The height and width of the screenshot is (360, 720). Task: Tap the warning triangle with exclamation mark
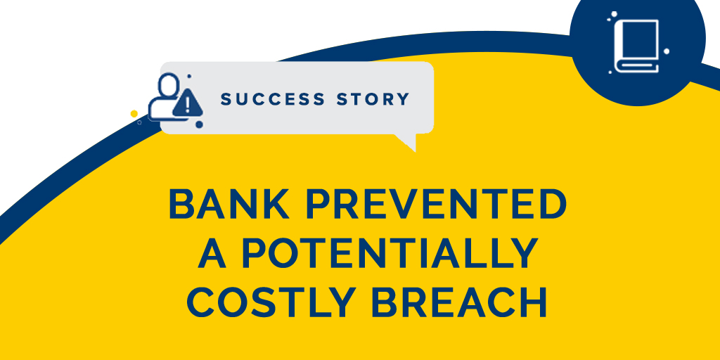[188, 104]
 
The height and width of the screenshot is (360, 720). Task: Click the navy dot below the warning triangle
[199, 124]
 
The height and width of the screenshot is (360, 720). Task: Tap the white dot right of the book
[667, 51]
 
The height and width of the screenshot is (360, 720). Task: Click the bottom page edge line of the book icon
[638, 67]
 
